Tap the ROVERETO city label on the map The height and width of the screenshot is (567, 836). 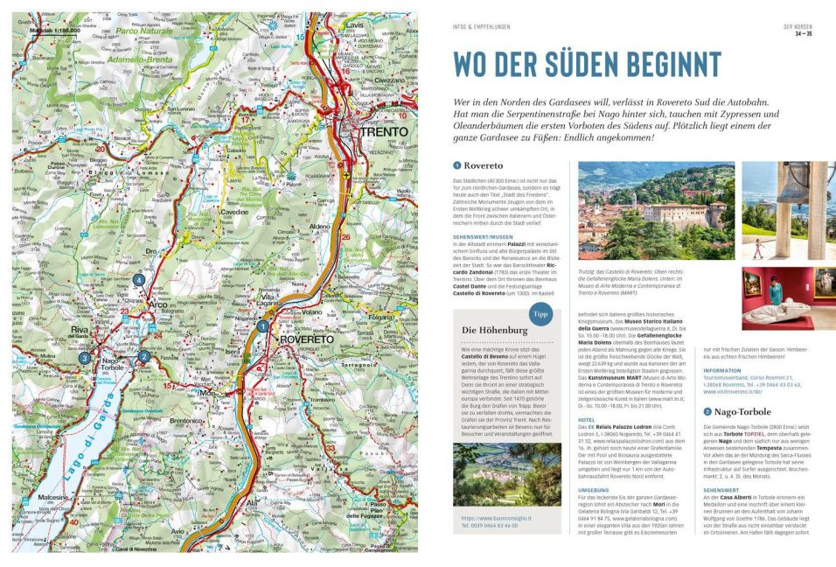(x=305, y=339)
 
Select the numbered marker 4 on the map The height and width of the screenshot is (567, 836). (x=139, y=280)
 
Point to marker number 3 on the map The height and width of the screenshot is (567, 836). (x=84, y=358)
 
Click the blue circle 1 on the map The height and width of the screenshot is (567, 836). (x=262, y=326)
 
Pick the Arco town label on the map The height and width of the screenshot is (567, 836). (x=160, y=304)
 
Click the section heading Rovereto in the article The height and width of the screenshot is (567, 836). (x=484, y=165)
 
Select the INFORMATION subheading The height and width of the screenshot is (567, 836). (x=722, y=370)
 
